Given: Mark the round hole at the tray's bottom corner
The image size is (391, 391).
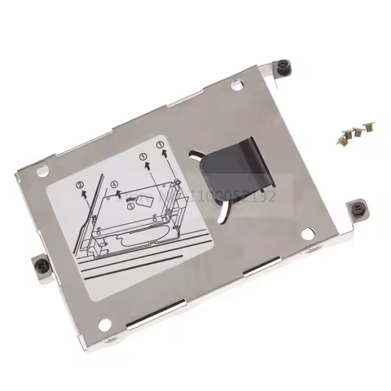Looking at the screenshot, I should [104, 324].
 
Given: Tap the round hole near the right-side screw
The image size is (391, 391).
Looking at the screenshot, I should [307, 234].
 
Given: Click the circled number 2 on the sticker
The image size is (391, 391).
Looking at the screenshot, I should [81, 186].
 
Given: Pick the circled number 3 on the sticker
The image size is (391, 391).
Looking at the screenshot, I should [131, 208].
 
